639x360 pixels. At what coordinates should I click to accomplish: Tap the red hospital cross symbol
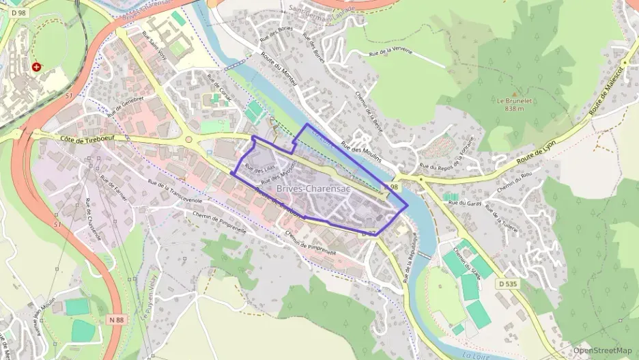pos(35,67)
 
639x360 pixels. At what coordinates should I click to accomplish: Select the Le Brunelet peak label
pos(510,104)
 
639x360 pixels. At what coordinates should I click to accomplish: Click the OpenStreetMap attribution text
pos(603,351)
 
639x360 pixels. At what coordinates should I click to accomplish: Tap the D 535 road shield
pos(507,283)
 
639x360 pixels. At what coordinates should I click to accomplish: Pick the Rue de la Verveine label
pos(393,53)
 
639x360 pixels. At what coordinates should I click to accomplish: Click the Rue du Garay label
pos(470,203)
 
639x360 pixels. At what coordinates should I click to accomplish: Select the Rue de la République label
pos(412,252)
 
